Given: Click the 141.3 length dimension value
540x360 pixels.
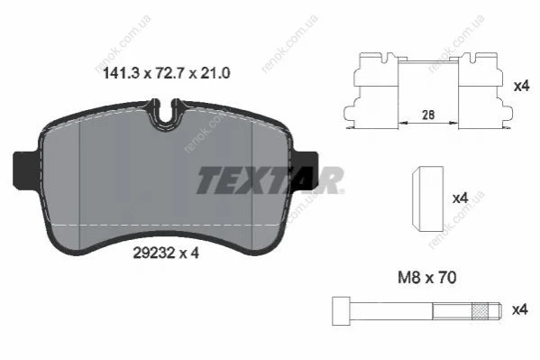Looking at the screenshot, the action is click(x=121, y=73).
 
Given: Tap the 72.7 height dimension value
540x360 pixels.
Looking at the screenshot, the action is click(x=169, y=73).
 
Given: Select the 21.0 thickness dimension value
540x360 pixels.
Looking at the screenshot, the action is click(x=214, y=73).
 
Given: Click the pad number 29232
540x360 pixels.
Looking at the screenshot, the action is click(x=155, y=254).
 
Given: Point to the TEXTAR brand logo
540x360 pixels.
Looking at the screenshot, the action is click(x=270, y=180).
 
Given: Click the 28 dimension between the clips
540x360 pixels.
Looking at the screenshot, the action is click(x=428, y=115).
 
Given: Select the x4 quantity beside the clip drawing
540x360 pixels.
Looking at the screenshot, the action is click(x=521, y=86).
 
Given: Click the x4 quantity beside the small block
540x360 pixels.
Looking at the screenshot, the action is click(x=460, y=198).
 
